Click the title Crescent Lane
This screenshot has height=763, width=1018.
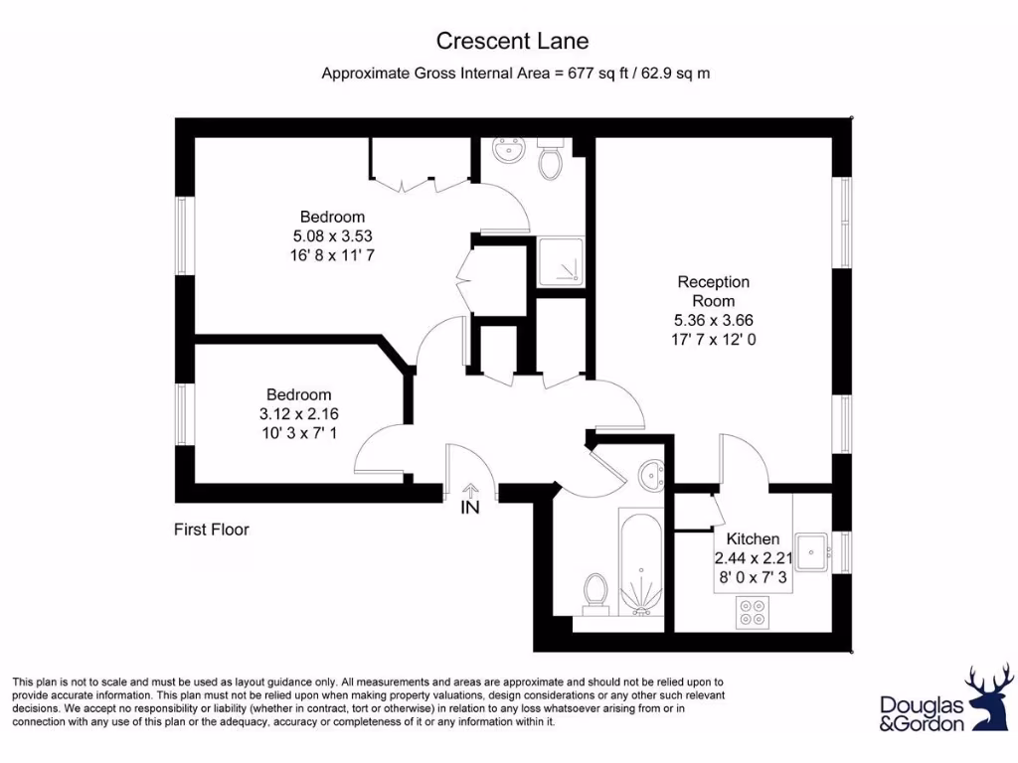(512, 41)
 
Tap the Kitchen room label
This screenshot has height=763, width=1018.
(753, 538)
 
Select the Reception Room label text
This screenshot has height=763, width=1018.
(714, 291)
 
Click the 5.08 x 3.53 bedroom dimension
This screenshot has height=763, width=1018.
(332, 236)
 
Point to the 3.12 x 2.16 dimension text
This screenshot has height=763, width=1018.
(298, 414)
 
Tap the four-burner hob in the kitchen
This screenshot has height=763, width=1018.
(753, 612)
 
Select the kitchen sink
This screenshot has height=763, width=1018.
(811, 552)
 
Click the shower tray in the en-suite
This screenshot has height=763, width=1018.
(561, 262)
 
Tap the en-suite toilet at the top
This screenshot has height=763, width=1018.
(552, 158)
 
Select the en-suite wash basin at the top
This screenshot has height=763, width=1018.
(509, 150)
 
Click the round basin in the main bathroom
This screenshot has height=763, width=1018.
(650, 475)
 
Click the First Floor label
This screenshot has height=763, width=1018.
(212, 531)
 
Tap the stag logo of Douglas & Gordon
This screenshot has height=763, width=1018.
(989, 697)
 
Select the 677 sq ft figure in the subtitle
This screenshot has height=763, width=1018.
(592, 74)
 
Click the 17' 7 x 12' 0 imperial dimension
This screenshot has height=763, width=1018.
(714, 340)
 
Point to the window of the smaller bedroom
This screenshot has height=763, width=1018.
(183, 415)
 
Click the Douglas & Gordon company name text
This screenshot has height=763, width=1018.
(923, 713)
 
